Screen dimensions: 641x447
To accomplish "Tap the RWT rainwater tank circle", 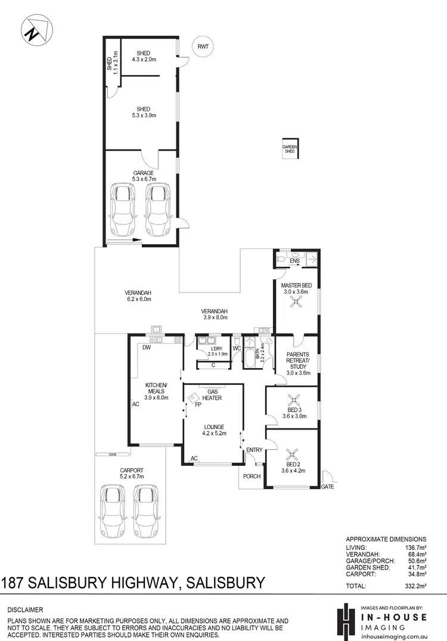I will point(204,46).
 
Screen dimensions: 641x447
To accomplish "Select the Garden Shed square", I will point(290,149).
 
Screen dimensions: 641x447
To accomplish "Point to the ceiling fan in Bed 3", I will point(293,400).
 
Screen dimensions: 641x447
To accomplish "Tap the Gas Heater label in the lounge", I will point(212,395).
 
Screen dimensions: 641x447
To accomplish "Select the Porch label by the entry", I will point(252,476).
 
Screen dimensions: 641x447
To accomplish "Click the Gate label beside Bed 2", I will point(327,487).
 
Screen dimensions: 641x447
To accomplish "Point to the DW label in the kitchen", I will point(146,348).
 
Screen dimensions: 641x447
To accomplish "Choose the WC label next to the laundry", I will point(237,348).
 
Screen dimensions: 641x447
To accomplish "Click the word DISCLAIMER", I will point(25,610).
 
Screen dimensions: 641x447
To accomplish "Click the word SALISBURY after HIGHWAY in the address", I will point(222,582).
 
